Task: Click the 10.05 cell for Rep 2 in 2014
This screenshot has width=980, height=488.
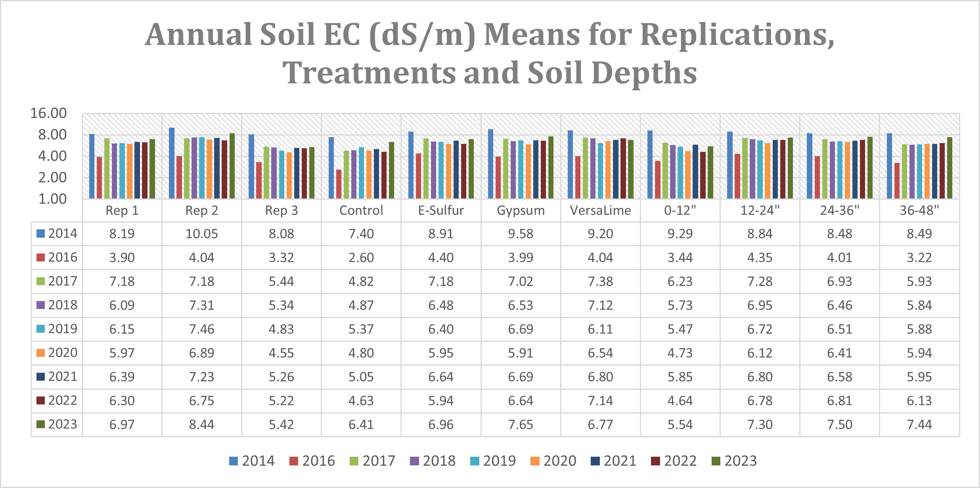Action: pos(201,234)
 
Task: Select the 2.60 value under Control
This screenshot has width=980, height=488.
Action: pos(361,257)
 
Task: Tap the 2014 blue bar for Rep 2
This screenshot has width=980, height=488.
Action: pos(172,163)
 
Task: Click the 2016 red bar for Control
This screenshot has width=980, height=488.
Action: pos(339,184)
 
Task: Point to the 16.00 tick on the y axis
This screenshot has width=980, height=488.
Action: pos(48,113)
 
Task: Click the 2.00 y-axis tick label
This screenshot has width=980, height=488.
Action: pos(52,177)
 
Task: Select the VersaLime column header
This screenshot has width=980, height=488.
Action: pos(600,210)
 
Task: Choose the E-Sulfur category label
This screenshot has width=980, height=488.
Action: pos(441,210)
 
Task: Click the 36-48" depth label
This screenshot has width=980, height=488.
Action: pos(919,210)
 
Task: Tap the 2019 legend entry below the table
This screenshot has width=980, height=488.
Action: pos(493,461)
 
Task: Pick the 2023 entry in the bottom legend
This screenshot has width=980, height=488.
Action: pos(734,461)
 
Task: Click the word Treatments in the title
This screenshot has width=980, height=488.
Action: pos(369,73)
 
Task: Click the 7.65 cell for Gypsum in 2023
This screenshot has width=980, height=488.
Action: pos(521,424)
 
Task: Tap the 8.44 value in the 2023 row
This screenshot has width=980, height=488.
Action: pos(201,424)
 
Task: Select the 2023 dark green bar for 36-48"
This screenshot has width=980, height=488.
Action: pos(949,168)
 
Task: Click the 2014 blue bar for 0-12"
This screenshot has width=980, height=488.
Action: pos(650,164)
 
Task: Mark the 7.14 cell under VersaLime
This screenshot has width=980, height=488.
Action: pos(600,400)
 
